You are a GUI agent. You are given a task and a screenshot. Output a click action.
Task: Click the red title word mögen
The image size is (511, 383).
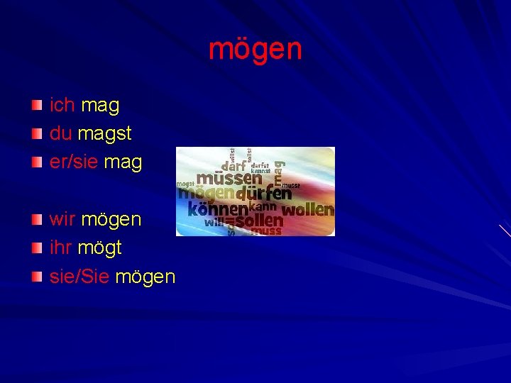tap(255, 49)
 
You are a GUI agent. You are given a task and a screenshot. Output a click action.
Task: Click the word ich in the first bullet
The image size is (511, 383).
tap(62, 106)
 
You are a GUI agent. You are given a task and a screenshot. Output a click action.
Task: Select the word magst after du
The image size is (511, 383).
tap(105, 134)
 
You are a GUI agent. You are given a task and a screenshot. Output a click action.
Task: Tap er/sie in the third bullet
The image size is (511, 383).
tap(74, 162)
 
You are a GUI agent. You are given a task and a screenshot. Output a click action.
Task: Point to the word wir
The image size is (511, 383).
tap(62, 219)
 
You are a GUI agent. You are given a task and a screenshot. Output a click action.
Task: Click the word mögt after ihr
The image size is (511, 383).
tap(99, 248)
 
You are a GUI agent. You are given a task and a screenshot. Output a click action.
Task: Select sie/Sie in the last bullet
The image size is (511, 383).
tap(79, 276)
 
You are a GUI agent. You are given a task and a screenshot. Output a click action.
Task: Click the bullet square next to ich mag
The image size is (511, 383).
tap(37, 106)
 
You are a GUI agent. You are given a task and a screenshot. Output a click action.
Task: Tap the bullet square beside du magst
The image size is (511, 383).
tap(37, 134)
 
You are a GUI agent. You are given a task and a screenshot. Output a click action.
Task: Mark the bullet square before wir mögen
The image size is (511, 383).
tap(37, 219)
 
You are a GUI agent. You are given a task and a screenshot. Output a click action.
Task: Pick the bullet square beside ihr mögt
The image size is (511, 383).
tap(37, 248)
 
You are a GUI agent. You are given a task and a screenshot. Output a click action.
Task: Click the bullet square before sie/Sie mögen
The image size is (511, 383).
tap(37, 276)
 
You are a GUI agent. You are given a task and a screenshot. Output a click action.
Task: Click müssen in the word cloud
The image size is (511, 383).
tap(228, 178)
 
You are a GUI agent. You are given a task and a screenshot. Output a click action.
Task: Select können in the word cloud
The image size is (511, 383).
tap(217, 209)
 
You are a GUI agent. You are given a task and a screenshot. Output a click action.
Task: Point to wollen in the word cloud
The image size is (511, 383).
tap(307, 209)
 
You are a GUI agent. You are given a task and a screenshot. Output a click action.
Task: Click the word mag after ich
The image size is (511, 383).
tap(100, 106)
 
